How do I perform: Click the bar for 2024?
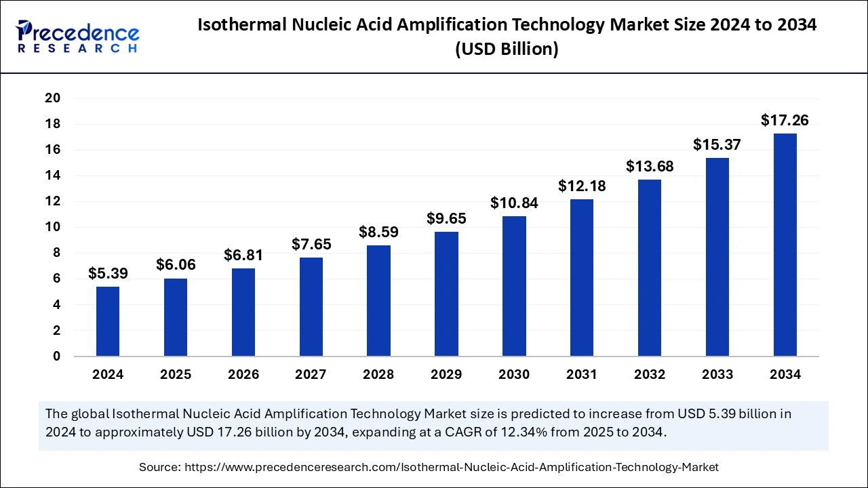[x=108, y=321]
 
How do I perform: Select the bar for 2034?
[x=785, y=245]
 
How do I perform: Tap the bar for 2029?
[x=446, y=293]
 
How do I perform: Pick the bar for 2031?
[x=582, y=277]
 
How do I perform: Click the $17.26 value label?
[x=785, y=121]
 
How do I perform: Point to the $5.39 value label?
[x=108, y=274]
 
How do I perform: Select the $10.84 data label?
[x=514, y=203]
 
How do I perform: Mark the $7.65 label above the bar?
[x=311, y=244]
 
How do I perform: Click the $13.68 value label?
[x=650, y=166]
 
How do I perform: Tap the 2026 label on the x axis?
[x=243, y=375]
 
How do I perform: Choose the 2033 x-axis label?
[x=717, y=375]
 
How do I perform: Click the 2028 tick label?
[x=378, y=375]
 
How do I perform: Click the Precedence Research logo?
[x=78, y=37]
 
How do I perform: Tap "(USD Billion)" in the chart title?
[x=507, y=49]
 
